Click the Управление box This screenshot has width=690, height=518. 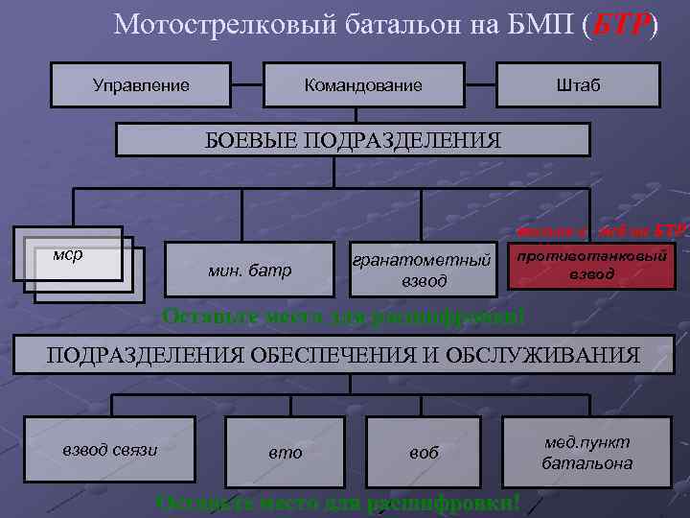pos(141,85)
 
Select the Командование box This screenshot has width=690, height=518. pos(363,85)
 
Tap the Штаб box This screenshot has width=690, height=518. pos(578,85)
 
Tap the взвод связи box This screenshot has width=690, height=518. pos(110,449)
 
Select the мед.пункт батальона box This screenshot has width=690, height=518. pos(586,452)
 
